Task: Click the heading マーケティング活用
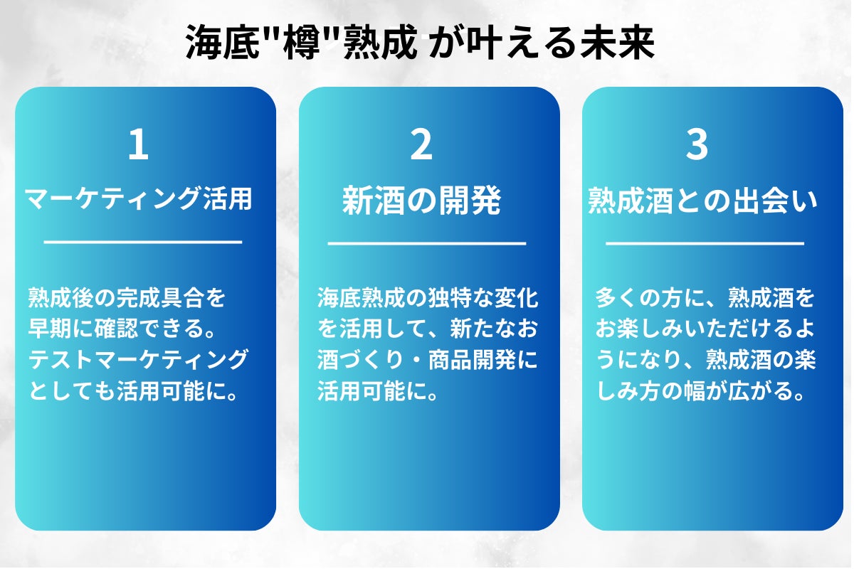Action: tap(139, 200)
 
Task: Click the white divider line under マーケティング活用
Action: tap(143, 242)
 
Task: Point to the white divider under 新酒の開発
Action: tap(426, 244)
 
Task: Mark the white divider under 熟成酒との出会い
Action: tap(705, 244)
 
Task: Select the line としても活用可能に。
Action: tap(132, 392)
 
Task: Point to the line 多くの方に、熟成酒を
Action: tap(705, 298)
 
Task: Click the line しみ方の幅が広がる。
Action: tap(700, 392)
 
